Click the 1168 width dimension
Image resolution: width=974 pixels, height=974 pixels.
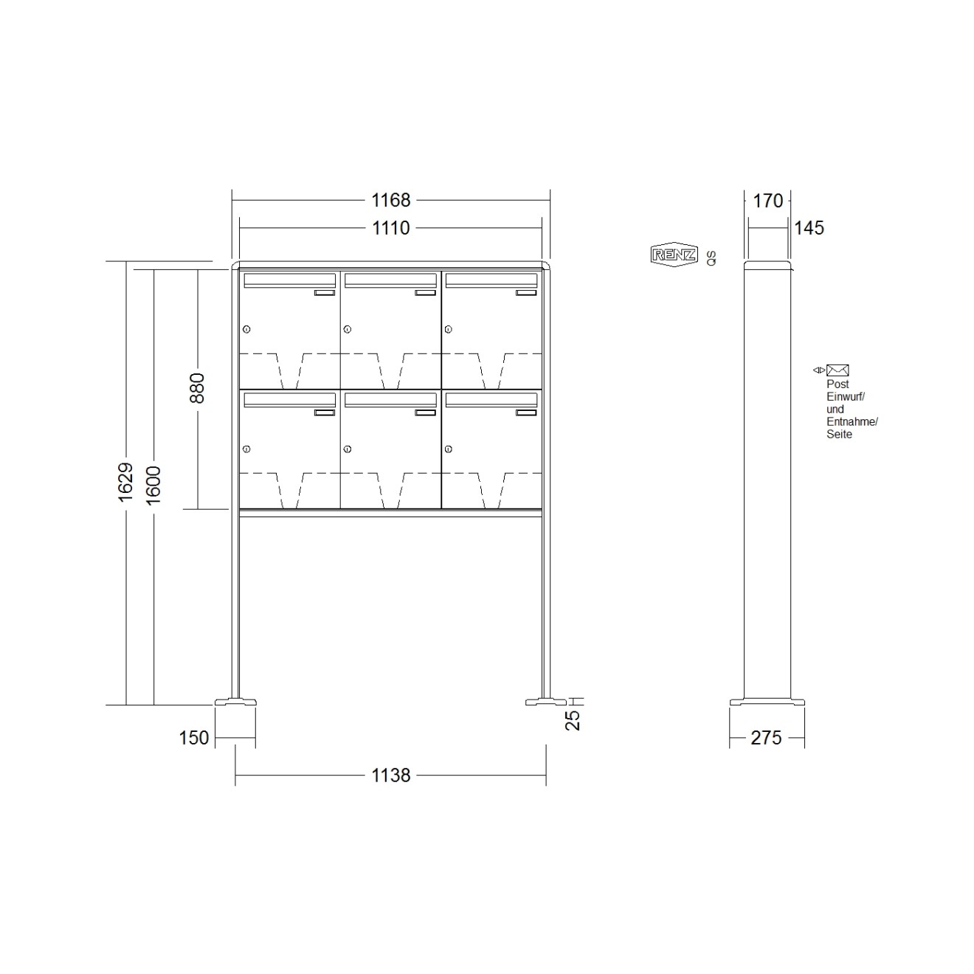(390, 200)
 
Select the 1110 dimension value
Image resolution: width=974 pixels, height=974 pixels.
(390, 228)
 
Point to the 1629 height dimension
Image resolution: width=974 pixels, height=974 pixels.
(125, 483)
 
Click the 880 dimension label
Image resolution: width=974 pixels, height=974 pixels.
(197, 388)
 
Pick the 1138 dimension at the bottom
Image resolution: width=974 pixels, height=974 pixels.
(390, 776)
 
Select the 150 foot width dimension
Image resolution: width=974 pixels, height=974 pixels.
(194, 737)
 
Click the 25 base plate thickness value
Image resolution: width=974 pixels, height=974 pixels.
(574, 720)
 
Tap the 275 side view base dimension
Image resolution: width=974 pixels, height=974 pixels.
(766, 737)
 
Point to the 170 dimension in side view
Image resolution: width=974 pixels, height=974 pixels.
(768, 201)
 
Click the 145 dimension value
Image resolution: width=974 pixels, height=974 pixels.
(809, 228)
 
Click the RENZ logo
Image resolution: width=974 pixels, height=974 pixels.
(674, 255)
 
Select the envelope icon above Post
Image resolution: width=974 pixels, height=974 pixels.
(837, 370)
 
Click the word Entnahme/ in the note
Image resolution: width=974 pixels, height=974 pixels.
(852, 422)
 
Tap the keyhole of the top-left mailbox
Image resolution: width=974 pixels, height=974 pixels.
(246, 329)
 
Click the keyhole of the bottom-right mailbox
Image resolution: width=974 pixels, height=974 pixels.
(448, 449)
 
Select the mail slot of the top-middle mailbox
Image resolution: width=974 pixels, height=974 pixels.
(390, 280)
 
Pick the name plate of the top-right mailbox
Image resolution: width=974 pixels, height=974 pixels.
(526, 293)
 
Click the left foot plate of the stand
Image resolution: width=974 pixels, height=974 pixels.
(235, 702)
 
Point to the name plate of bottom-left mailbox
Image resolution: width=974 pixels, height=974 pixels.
(325, 412)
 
